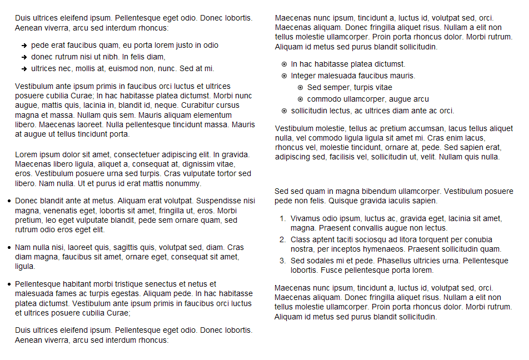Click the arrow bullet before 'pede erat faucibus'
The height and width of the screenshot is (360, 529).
(24, 46)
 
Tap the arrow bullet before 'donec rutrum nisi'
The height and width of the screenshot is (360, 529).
(24, 57)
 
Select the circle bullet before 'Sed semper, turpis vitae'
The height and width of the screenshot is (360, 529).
(301, 88)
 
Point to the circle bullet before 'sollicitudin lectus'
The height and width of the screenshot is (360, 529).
(285, 111)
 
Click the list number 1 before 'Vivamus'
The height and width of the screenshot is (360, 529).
(282, 219)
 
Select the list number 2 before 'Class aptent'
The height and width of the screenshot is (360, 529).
(282, 240)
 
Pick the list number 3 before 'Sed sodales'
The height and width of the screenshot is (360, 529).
(282, 261)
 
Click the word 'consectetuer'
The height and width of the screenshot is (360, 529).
(118, 155)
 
